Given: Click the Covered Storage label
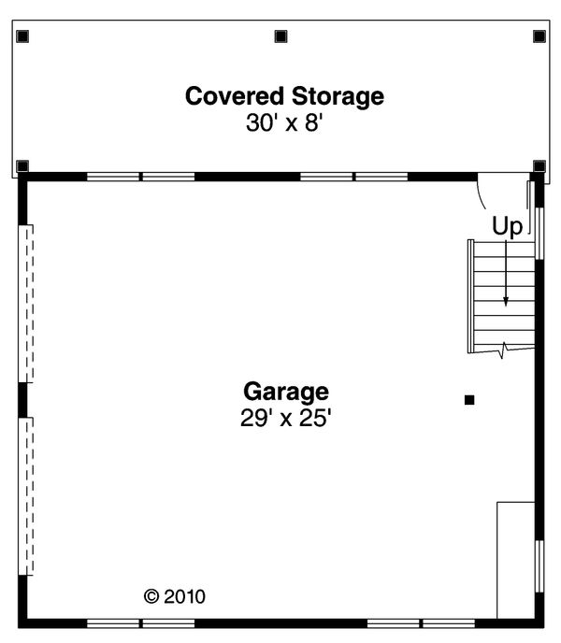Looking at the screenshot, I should click(284, 95).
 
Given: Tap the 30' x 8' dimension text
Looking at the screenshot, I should click(284, 123).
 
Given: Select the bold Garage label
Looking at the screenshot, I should click(286, 391).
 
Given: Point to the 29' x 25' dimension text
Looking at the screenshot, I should click(286, 418).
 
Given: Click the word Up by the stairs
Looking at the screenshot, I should click(507, 226).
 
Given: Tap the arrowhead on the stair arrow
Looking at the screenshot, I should click(506, 301).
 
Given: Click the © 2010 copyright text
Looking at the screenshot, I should click(174, 595).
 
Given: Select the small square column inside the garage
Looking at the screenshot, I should click(469, 400).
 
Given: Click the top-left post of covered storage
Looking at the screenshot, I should click(23, 36).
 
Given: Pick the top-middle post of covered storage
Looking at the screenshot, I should click(280, 36).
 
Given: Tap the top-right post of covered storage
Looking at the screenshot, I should click(539, 36).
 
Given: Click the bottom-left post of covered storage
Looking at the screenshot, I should click(23, 166).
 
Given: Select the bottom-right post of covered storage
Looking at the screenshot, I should click(539, 166).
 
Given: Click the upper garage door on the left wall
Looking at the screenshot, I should click(27, 303).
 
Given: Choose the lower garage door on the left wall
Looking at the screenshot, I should click(27, 495).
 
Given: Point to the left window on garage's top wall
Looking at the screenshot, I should click(141, 176).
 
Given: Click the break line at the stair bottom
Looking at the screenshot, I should click(504, 350).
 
